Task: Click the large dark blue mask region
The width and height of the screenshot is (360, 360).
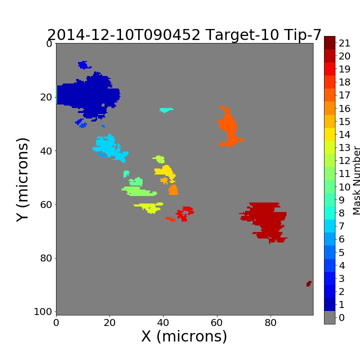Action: pyautogui.click(x=92, y=96)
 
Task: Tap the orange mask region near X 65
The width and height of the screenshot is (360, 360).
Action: pyautogui.click(x=228, y=126)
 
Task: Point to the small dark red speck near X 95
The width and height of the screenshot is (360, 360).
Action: pyautogui.click(x=309, y=284)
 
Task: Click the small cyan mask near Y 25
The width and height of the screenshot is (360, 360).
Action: pyautogui.click(x=166, y=110)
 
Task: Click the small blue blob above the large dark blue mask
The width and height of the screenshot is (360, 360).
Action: pyautogui.click(x=84, y=65)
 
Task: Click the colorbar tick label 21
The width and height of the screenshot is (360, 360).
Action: pyautogui.click(x=344, y=43)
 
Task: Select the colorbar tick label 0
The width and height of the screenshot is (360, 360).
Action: pyautogui.click(x=341, y=317)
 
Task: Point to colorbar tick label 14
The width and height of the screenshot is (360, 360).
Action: pyautogui.click(x=344, y=134)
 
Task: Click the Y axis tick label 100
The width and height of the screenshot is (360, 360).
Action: pyautogui.click(x=42, y=311)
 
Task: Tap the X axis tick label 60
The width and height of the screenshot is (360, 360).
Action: pyautogui.click(x=216, y=322)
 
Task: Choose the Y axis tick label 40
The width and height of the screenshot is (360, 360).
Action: pyautogui.click(x=46, y=151)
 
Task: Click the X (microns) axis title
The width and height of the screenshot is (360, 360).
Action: pyautogui.click(x=184, y=336)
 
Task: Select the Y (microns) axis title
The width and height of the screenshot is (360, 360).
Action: pyautogui.click(x=22, y=180)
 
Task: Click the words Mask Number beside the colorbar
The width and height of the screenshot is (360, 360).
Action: pyautogui.click(x=356, y=180)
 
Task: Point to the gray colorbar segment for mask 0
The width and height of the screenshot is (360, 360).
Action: pyautogui.click(x=329, y=317)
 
